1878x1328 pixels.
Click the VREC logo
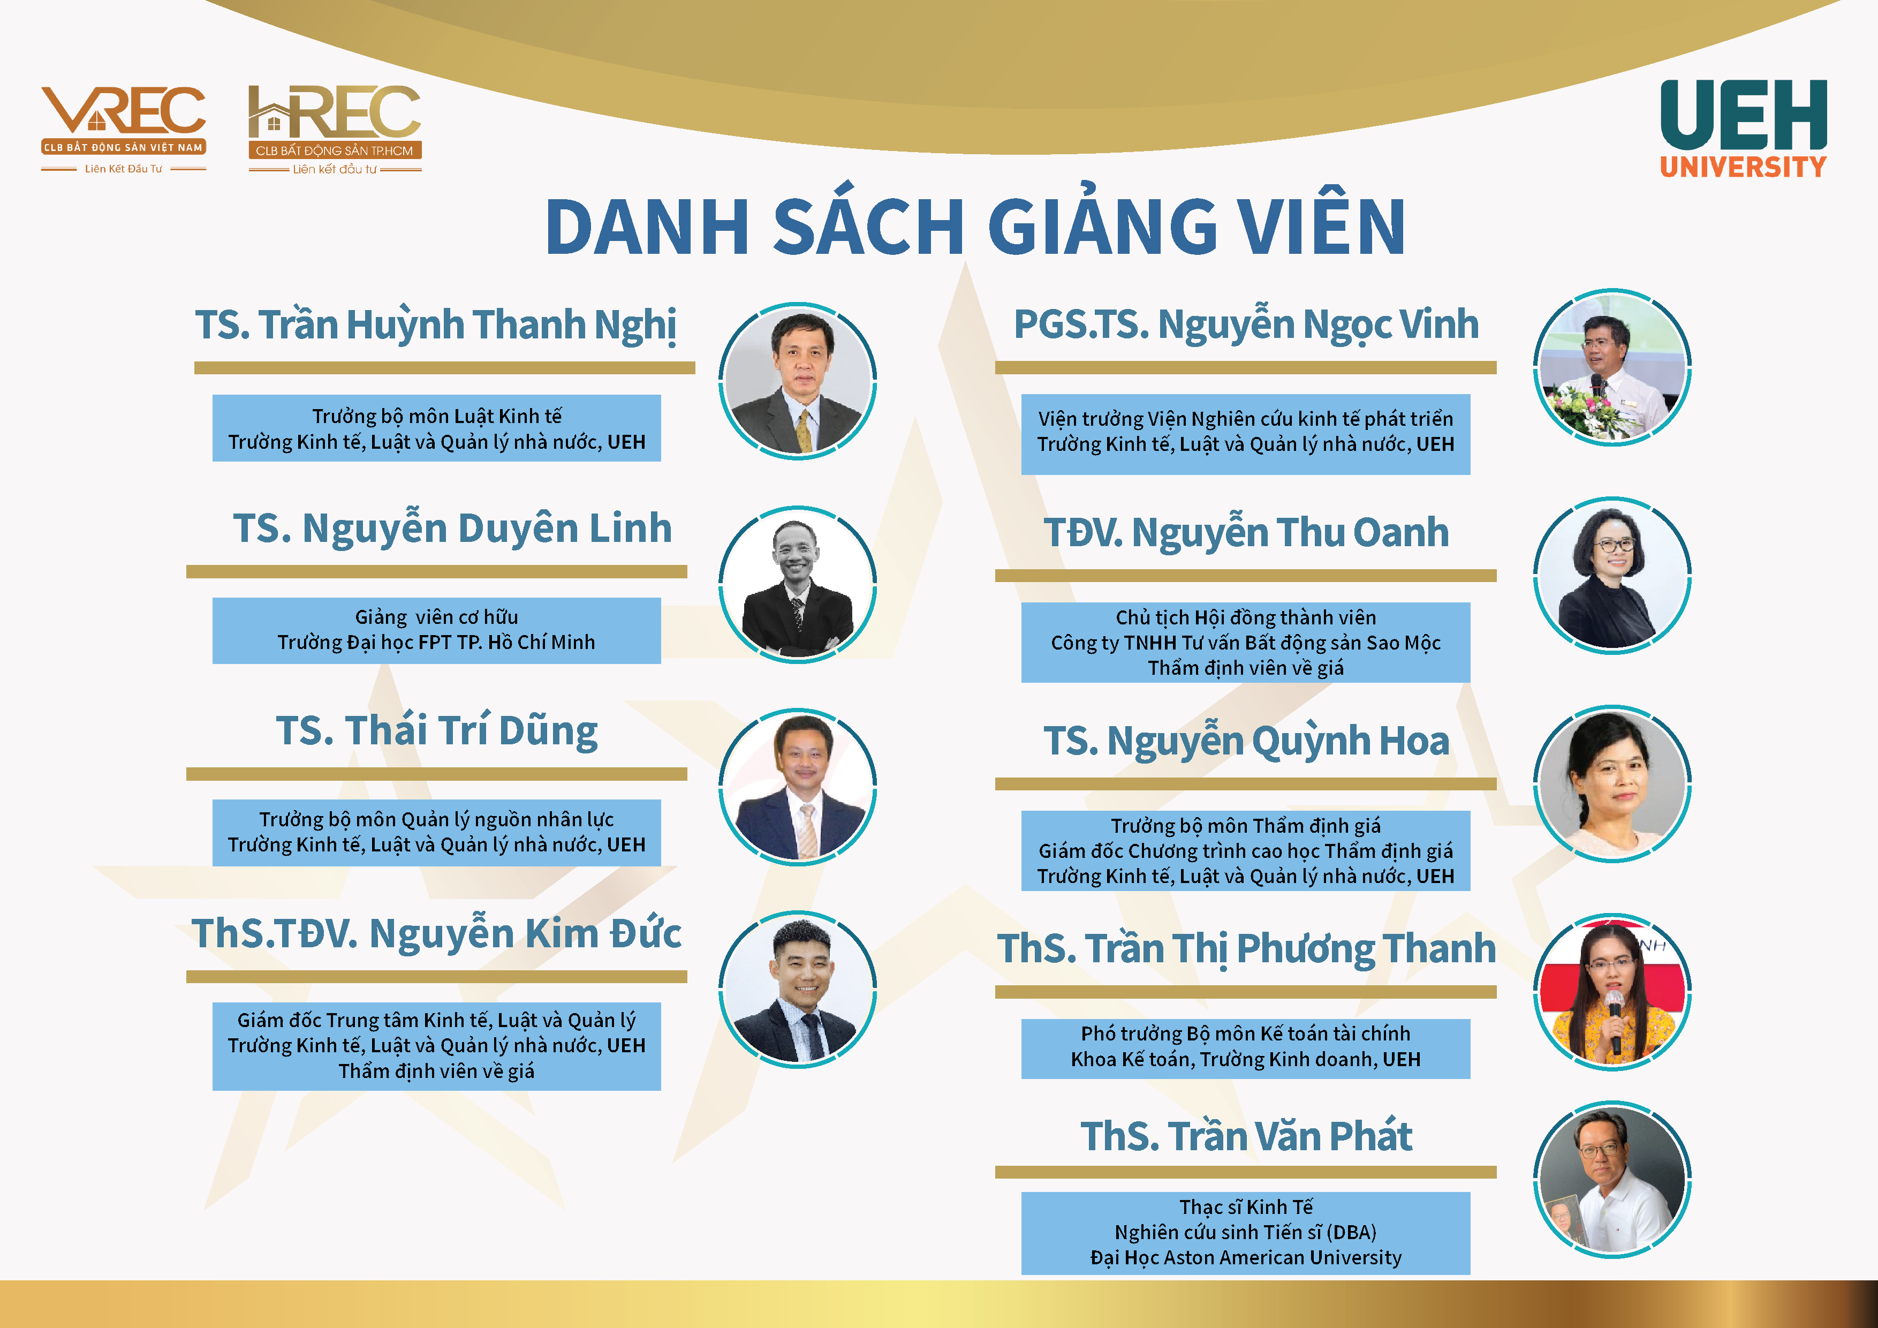tap(124, 129)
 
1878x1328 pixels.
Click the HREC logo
tap(335, 129)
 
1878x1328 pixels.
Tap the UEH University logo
tap(1743, 129)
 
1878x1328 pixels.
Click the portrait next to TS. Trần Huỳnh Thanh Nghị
tap(798, 381)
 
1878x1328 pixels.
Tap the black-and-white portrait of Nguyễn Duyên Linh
tap(798, 584)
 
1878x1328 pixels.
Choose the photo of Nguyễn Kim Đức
tap(798, 989)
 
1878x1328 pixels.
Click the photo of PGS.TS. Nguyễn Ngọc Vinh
tap(1612, 367)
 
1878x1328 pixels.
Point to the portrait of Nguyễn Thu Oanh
tap(1612, 575)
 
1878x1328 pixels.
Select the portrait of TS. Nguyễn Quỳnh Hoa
tap(1612, 784)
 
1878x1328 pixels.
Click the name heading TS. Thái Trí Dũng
tap(437, 731)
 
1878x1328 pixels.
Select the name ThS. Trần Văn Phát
tap(1246, 1136)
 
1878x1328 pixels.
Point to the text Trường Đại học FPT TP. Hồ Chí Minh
tap(436, 643)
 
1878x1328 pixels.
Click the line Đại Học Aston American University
tap(1246, 1258)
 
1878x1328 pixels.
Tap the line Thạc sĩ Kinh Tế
tap(1246, 1207)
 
